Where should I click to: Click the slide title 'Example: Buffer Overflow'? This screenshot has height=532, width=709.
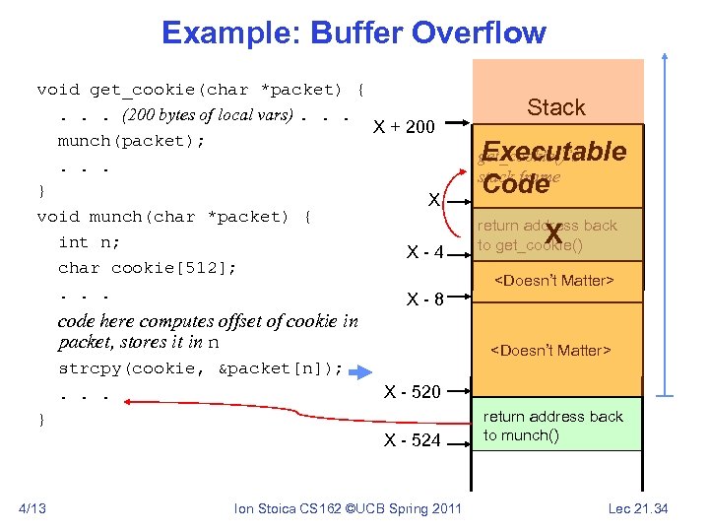click(354, 33)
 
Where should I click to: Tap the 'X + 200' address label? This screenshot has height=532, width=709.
click(405, 126)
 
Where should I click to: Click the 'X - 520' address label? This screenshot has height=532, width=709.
click(412, 391)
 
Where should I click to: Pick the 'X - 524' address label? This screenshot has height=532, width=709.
click(412, 439)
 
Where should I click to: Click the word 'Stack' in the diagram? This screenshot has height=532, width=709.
click(556, 107)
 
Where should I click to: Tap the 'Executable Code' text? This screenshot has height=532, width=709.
click(554, 166)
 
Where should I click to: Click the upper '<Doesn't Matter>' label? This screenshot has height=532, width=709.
click(552, 281)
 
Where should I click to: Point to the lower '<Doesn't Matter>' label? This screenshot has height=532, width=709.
click(551, 350)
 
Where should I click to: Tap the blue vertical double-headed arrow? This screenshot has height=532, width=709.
click(669, 226)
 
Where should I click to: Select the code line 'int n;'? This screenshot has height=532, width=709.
click(89, 242)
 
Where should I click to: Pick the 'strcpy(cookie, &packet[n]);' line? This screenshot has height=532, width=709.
click(201, 368)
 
